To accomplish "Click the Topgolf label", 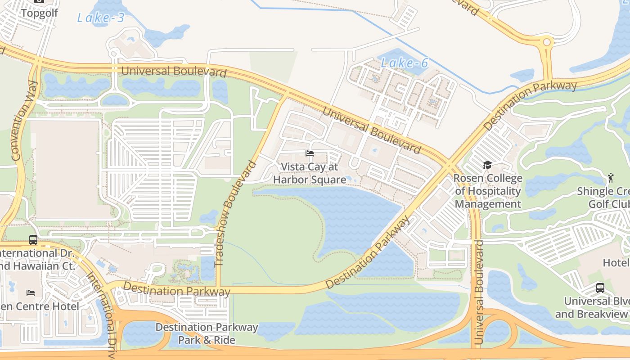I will click(x=40, y=13).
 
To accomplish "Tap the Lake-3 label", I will click(x=100, y=18).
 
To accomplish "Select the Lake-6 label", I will click(x=404, y=63).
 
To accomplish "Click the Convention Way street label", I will click(x=23, y=121).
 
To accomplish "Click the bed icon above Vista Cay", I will click(x=310, y=153).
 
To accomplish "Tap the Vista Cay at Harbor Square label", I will click(x=310, y=173).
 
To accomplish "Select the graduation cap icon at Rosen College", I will click(x=487, y=165).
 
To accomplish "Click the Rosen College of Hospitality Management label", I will click(x=488, y=191).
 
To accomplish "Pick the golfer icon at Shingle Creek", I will click(x=611, y=178).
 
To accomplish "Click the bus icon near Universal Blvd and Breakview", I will click(x=600, y=288).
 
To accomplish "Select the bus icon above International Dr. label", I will click(x=33, y=239).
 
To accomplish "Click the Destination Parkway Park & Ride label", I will click(x=207, y=333).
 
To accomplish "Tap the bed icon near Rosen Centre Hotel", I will click(x=31, y=292).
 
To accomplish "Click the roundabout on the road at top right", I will click(x=547, y=42).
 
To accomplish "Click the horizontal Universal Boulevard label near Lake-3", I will click(x=174, y=71).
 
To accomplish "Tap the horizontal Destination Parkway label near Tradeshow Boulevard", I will click(x=176, y=289).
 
